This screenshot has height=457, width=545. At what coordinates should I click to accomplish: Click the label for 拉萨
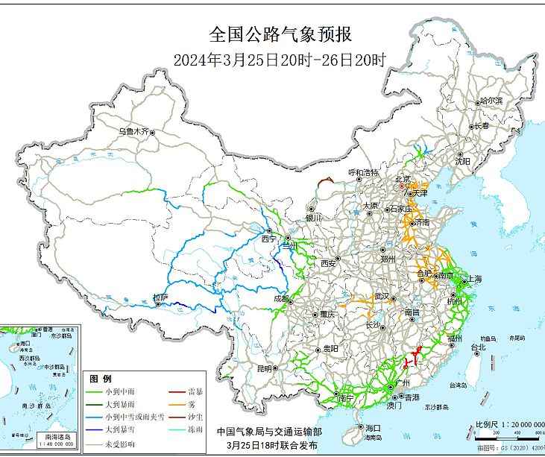160,297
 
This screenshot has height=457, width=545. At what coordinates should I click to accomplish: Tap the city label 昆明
265,368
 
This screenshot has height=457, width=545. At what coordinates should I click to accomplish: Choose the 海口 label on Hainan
372,428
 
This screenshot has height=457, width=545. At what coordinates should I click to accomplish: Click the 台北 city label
478,347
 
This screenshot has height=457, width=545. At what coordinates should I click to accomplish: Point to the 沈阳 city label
462,160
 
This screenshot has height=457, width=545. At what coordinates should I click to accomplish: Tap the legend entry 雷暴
196,391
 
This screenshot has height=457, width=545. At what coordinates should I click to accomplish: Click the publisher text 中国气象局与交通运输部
269,431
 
